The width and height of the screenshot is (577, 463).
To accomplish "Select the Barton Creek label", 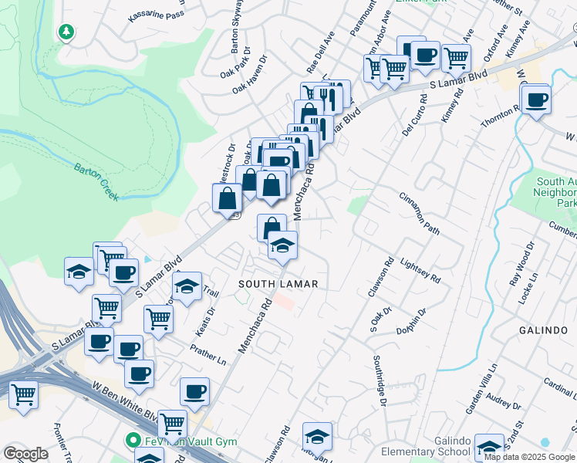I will tap(96, 181).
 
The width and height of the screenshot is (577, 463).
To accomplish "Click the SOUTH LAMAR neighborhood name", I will tap(278, 284).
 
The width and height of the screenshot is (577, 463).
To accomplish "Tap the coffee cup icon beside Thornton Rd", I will tap(536, 99).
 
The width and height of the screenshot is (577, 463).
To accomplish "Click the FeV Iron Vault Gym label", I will tap(189, 442).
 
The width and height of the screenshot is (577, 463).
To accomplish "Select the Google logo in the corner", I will tap(25, 453).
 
